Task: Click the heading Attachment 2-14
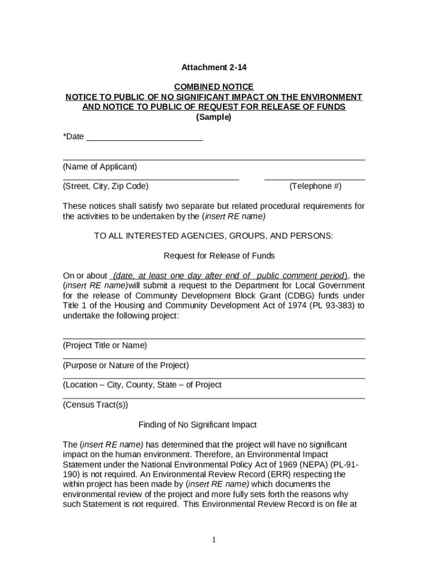point(213,67)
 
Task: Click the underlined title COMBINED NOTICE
point(213,87)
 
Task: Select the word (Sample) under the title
point(213,117)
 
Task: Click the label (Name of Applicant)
point(99,167)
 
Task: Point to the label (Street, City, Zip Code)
point(106,186)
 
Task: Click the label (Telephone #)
point(315,186)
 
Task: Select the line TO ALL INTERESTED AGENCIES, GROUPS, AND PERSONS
point(213,236)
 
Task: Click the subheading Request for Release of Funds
point(219,256)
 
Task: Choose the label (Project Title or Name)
point(104,346)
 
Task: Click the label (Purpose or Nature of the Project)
point(126,366)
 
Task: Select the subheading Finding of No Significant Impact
point(197,425)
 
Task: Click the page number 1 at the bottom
point(214,540)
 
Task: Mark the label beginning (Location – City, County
point(142,385)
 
